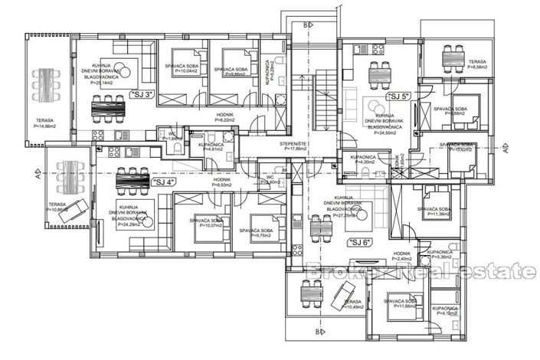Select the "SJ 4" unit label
[x=162, y=182]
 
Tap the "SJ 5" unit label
[x=398, y=97]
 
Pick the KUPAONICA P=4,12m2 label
[x=444, y=310]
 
